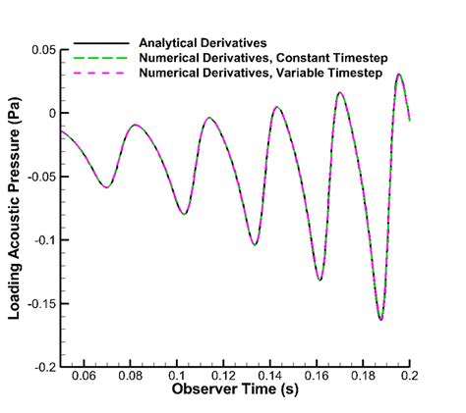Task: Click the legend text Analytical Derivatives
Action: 202,44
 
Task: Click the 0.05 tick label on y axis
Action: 41,50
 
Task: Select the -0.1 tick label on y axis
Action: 43,240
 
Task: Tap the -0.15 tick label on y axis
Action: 40,303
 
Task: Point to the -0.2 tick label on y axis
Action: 43,367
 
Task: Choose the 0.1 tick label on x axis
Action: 177,377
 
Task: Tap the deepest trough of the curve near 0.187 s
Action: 379,320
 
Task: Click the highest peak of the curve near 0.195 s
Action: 398,75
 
